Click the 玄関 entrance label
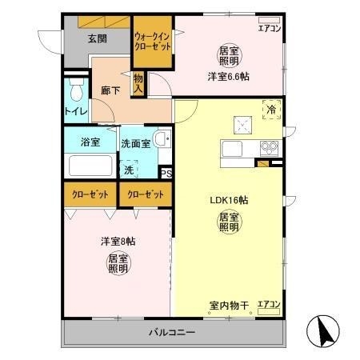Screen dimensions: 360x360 pyautogui.click(x=98, y=37)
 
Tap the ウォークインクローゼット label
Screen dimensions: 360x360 pyautogui.click(x=151, y=41)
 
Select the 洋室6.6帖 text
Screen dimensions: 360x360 pyautogui.click(x=228, y=77)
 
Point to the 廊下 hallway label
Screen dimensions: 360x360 pyautogui.click(x=110, y=91)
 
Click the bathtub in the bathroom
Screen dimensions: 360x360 pyautogui.click(x=90, y=166)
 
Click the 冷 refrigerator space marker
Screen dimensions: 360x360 pyautogui.click(x=271, y=110)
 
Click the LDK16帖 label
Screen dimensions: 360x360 pyautogui.click(x=226, y=199)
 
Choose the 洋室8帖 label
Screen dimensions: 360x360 pyautogui.click(x=118, y=241)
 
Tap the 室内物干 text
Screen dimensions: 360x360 pyautogui.click(x=229, y=305)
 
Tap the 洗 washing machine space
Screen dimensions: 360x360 pyautogui.click(x=128, y=169)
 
